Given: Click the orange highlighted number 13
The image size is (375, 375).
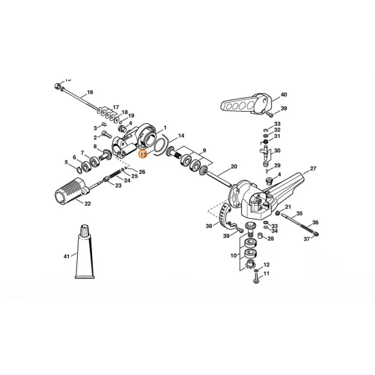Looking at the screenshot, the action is click(x=143, y=155).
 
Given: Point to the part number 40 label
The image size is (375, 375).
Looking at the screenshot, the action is click(x=284, y=95).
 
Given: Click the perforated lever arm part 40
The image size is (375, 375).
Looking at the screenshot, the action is click(x=246, y=104).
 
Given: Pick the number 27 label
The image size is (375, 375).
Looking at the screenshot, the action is click(x=313, y=168).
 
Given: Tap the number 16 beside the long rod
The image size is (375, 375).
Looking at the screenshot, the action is click(x=90, y=92).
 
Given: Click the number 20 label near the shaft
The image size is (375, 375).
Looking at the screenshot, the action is click(x=234, y=166).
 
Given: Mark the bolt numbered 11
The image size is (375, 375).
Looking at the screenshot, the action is click(x=256, y=278).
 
